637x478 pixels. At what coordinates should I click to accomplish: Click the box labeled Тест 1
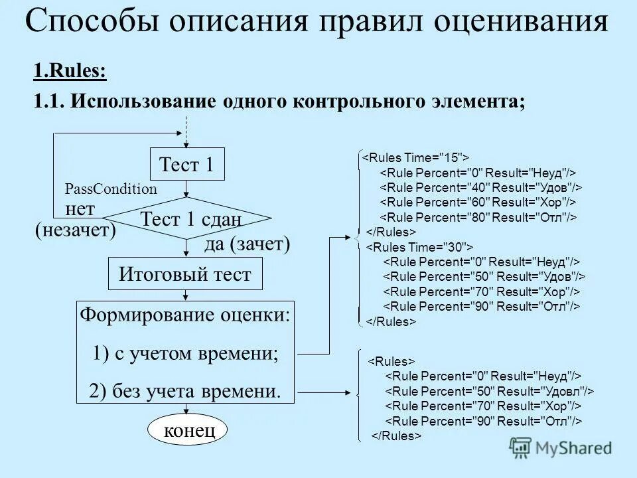pos(186,165)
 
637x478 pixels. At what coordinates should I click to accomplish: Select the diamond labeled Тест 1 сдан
pos(190,218)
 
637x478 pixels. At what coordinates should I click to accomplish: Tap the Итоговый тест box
pos(184,274)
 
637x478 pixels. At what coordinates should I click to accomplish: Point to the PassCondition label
pos(111,189)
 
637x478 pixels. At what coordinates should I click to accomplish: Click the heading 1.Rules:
pos(70,72)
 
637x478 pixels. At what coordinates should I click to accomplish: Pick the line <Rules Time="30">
pos(419,247)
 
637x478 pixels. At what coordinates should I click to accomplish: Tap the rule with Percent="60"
pos(478,202)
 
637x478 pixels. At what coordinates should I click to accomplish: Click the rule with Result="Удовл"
pos(490,390)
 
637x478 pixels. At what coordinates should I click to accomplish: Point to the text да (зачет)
pos(248,244)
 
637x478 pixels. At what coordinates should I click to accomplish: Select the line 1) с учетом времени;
pos(186,353)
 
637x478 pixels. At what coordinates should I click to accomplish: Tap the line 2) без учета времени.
pos(185,391)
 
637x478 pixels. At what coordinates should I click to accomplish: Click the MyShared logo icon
pos(521,447)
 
